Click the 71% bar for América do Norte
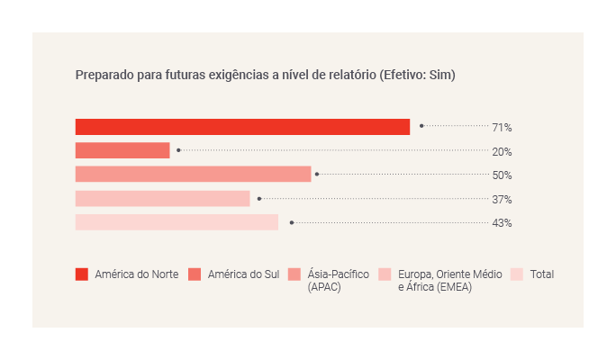242,127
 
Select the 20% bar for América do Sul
122,150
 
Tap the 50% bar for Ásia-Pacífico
193,175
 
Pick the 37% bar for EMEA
162,198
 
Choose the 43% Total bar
177,222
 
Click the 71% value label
502,128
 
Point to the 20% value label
502,151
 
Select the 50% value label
502,175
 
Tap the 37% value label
502,199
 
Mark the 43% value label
502,223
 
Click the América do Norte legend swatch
82,274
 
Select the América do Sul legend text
243,274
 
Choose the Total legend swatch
517,274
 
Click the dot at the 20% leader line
178,150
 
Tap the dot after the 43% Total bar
291,222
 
